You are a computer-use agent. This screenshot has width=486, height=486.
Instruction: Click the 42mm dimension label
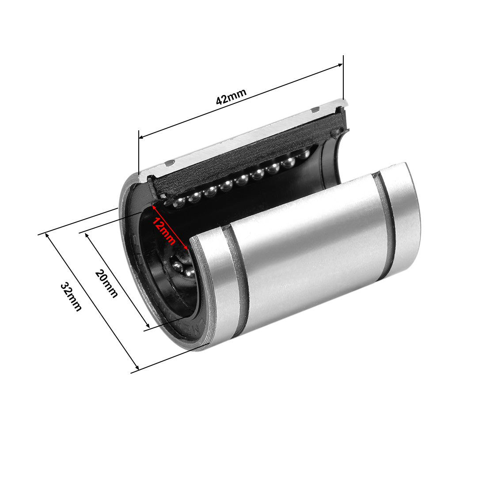point(231,97)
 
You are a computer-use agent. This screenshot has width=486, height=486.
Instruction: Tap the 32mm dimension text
point(71,297)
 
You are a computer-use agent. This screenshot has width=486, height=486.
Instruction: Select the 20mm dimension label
point(106,283)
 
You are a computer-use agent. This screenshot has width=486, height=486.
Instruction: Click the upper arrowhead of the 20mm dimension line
point(87,235)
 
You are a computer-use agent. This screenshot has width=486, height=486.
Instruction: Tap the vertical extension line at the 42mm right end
point(343,80)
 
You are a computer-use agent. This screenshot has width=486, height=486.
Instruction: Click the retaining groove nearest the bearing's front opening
point(238,283)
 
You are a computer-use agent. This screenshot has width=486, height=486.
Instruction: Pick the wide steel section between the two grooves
point(309,252)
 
